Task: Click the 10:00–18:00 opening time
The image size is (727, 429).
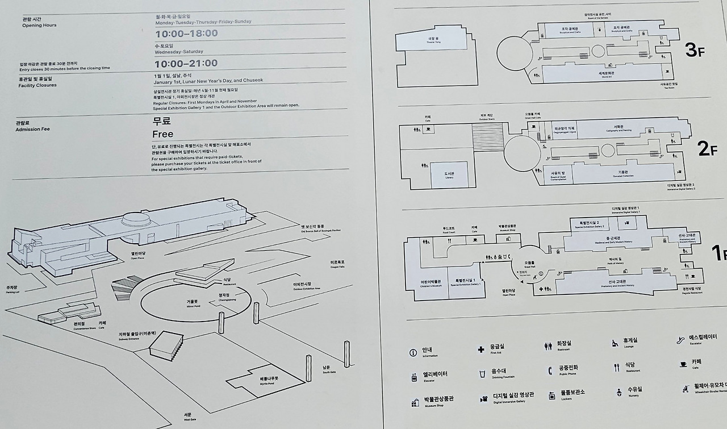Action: pos(186,34)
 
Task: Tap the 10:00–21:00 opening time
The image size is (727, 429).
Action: pos(186,64)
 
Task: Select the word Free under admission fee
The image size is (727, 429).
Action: pos(162,134)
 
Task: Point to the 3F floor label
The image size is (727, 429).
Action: pos(694,51)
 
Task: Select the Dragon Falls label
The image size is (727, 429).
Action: pos(337,264)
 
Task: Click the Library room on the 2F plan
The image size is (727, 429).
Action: pos(449,175)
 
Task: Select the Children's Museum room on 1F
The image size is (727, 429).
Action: pos(427,282)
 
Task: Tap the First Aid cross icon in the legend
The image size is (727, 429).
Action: pos(481,349)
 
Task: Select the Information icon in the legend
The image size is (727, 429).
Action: pos(413,352)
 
